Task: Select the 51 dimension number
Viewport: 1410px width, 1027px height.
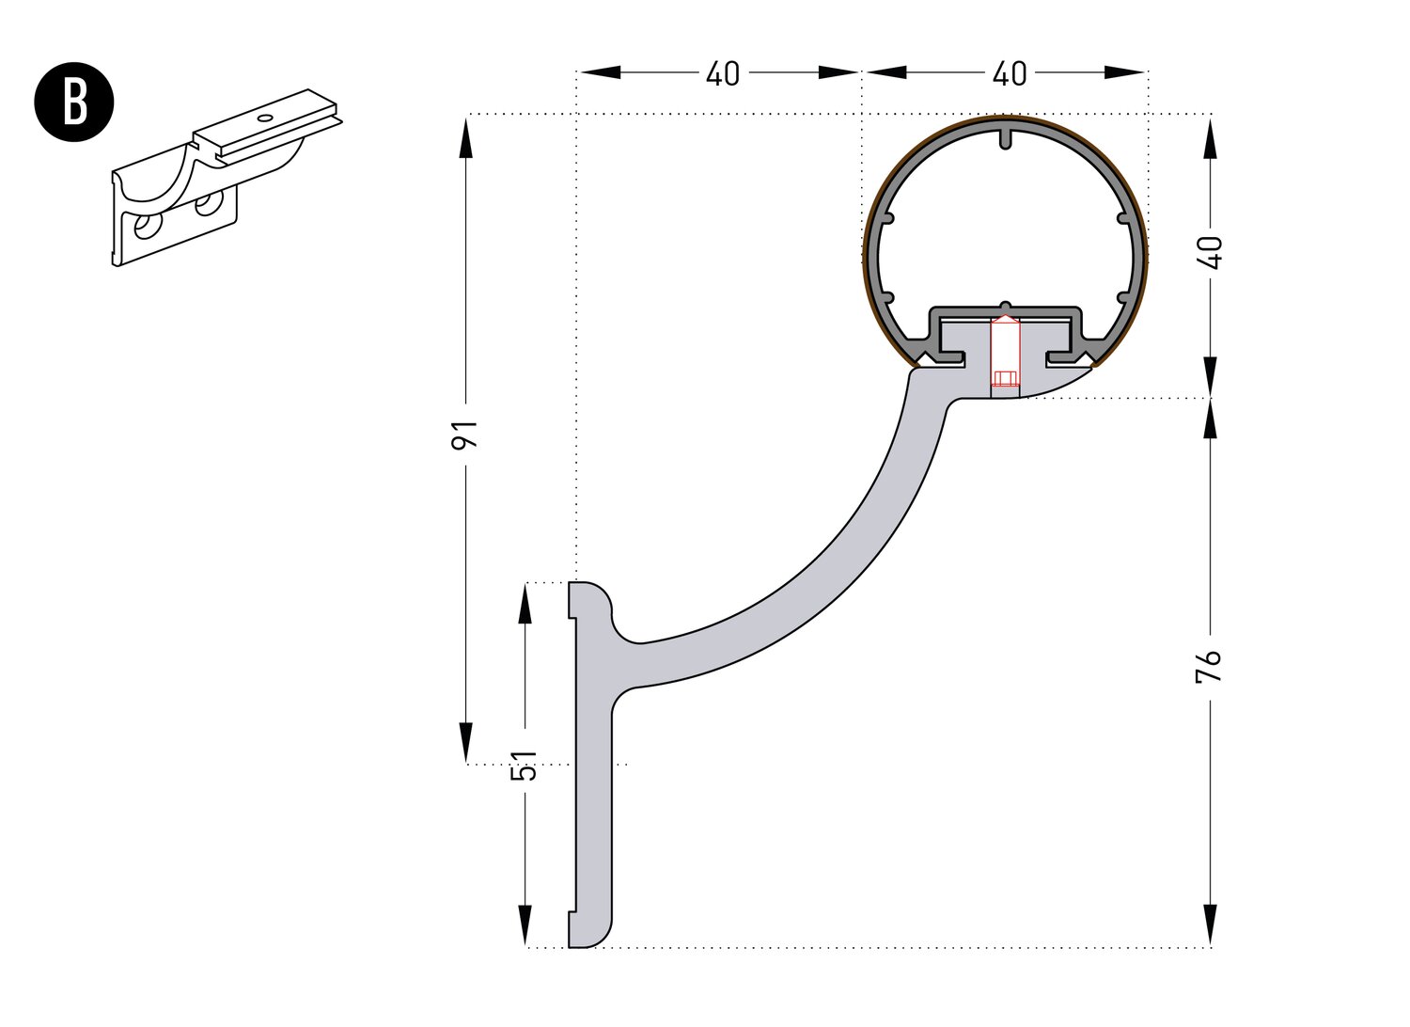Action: point(527,765)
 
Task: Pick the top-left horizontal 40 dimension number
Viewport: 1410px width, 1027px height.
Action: point(722,73)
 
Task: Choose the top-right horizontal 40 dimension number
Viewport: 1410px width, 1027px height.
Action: point(1009,73)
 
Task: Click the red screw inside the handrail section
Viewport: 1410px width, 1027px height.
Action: point(1005,355)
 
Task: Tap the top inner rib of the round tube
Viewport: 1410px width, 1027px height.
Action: point(1005,138)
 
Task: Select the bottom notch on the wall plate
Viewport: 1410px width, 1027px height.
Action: point(572,912)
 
